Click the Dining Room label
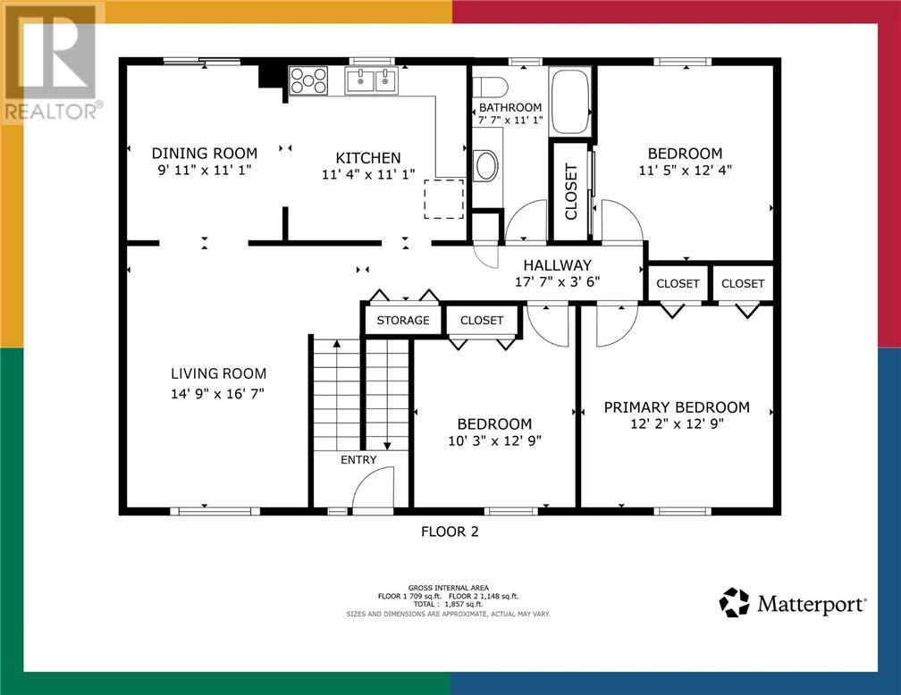[x=205, y=154]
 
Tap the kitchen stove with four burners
[x=308, y=80]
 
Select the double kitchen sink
[x=371, y=80]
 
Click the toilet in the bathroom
[x=490, y=88]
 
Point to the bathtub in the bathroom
[x=569, y=102]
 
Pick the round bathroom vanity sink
[x=486, y=165]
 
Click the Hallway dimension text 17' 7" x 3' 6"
[x=558, y=281]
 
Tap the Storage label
[x=403, y=321]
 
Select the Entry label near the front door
[x=358, y=460]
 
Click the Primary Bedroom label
[x=677, y=407]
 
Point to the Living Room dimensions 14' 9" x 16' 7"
[x=217, y=393]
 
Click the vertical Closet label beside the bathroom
[x=571, y=192]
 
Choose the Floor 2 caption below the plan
[x=450, y=532]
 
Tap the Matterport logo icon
[x=735, y=602]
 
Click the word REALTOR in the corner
[x=51, y=112]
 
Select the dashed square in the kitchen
[x=444, y=198]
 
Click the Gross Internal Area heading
[x=449, y=588]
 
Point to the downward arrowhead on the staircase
[x=387, y=446]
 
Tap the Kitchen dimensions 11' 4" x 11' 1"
[x=368, y=174]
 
